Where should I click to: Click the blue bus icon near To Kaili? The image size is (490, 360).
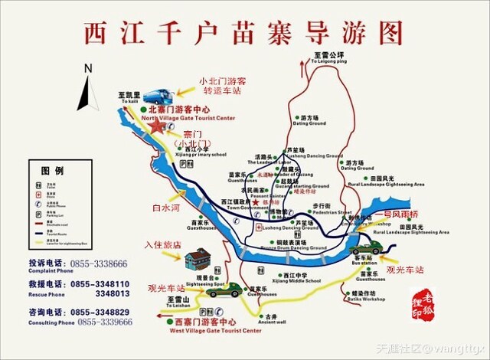(158, 97)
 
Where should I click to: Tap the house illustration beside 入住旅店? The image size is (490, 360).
(198, 259)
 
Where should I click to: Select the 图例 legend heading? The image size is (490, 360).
(52, 169)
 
